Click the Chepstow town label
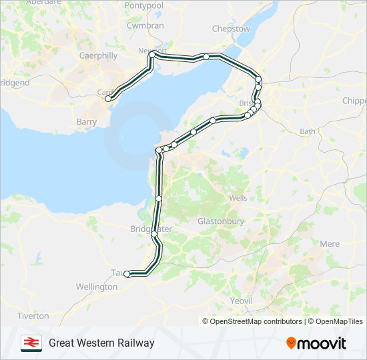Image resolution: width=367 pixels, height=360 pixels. (231, 29)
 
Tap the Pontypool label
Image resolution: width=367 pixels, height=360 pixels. (143, 5)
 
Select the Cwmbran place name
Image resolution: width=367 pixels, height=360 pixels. (145, 25)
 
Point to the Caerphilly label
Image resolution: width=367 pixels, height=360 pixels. (98, 56)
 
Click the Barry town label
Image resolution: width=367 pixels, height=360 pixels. (87, 122)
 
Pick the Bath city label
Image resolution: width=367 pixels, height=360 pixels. (308, 131)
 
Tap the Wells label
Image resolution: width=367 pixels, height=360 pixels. (238, 198)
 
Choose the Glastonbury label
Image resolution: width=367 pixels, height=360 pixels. (221, 221)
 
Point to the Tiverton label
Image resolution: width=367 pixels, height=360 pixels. (33, 315)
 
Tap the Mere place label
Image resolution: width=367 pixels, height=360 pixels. (330, 244)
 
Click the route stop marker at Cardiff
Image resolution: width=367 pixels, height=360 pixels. (108, 99)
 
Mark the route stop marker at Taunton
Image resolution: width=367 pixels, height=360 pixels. (127, 273)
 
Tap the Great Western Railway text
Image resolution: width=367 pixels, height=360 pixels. (101, 343)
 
